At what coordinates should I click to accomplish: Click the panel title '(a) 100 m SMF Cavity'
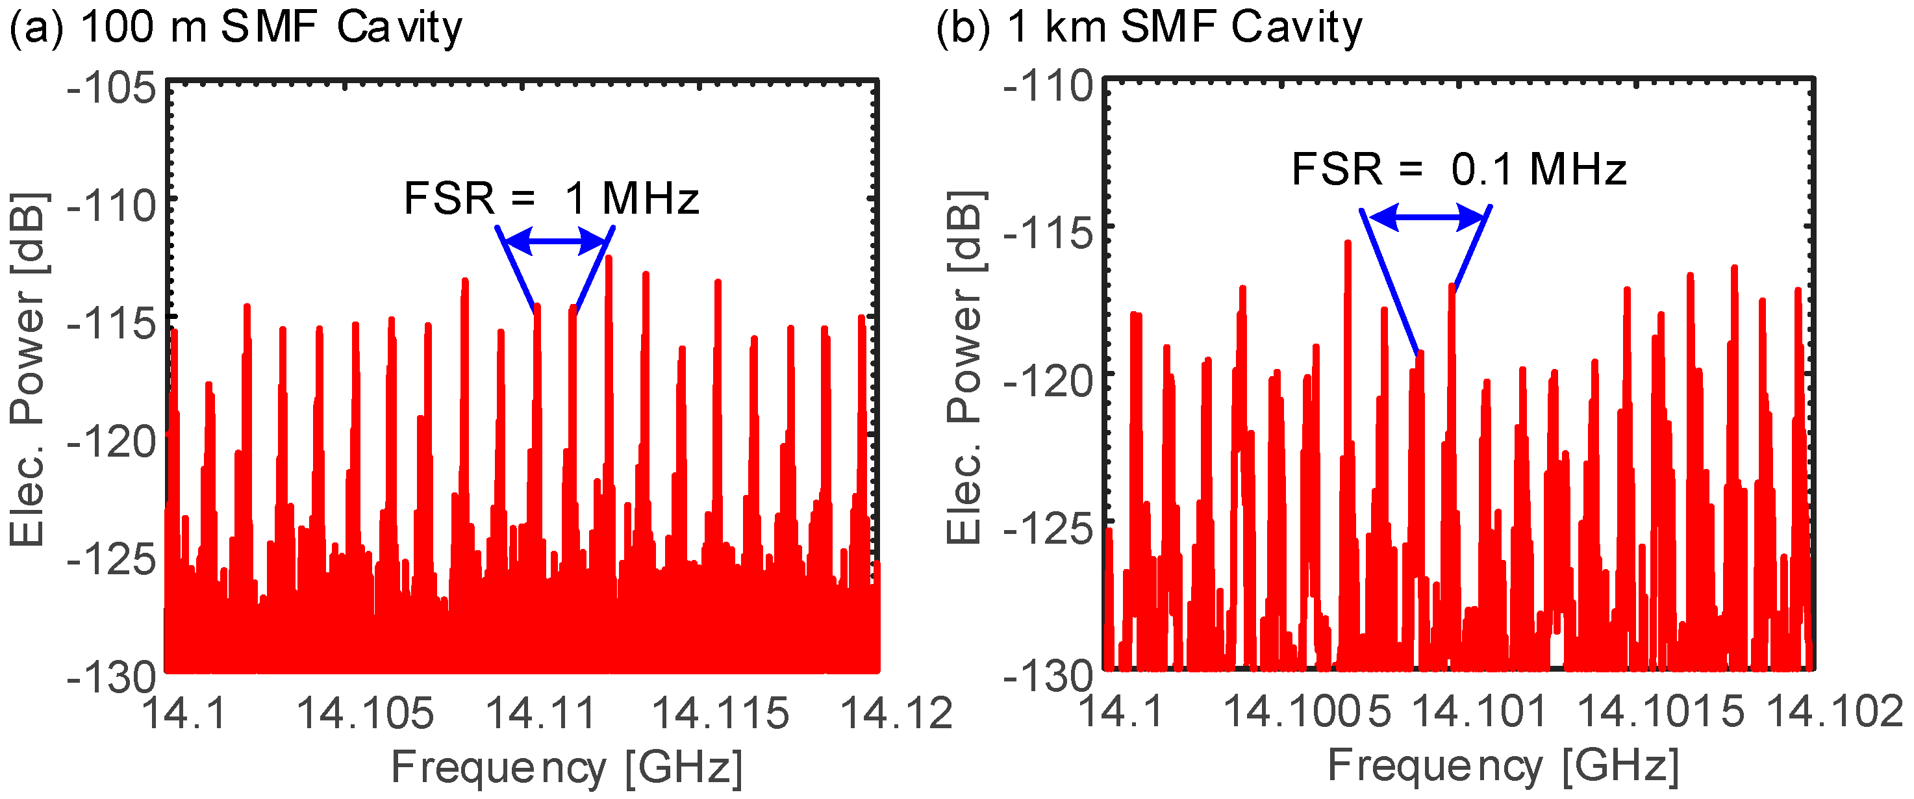tap(235, 28)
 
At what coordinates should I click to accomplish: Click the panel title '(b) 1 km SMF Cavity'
tap(1149, 28)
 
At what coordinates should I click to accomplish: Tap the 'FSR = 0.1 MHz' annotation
tap(1459, 169)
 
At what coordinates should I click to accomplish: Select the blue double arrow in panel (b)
tap(1427, 217)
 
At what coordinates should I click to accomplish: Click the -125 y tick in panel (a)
tap(112, 559)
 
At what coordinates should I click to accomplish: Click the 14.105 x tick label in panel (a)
tap(364, 713)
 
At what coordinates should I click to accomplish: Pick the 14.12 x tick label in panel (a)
tap(896, 713)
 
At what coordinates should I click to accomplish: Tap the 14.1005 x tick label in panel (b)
tap(1306, 711)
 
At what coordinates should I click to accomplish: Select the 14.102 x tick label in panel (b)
tap(1833, 711)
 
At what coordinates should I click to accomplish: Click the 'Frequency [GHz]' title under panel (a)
tap(566, 767)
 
